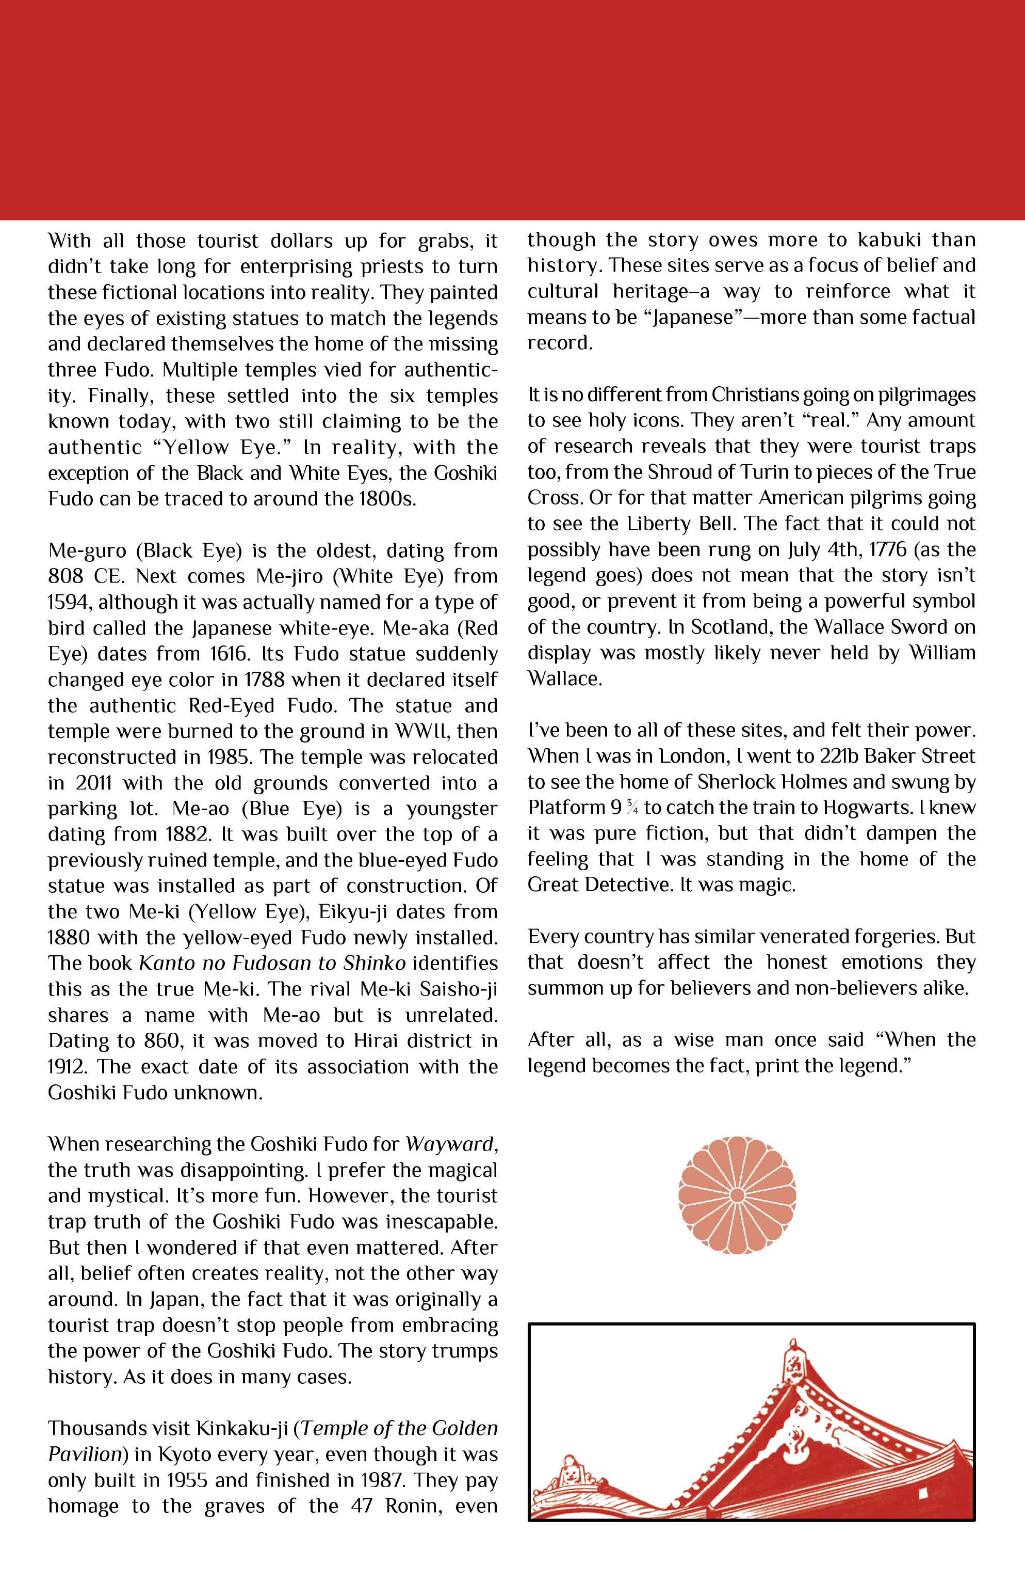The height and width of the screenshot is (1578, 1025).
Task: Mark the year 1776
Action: tap(887, 549)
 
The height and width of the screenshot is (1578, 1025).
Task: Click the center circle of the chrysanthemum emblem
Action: tap(737, 1195)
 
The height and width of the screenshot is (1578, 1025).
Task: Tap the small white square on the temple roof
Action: tap(922, 1494)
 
